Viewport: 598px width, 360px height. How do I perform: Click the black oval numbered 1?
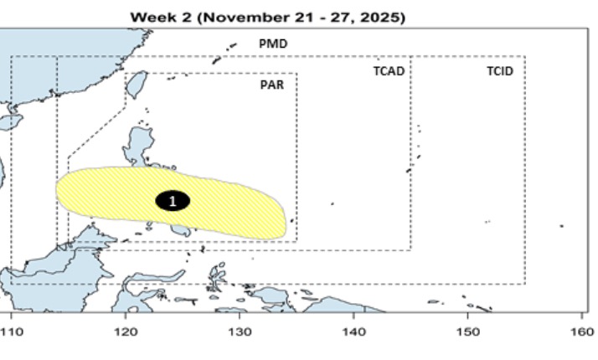pyautogui.click(x=173, y=201)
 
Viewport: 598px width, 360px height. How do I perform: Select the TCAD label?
pyautogui.click(x=389, y=71)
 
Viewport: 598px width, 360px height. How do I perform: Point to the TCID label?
pyautogui.click(x=499, y=71)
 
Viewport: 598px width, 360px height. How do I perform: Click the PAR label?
pyautogui.click(x=272, y=85)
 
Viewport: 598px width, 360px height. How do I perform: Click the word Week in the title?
pyautogui.click(x=151, y=17)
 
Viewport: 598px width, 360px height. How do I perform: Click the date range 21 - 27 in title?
pyautogui.click(x=328, y=17)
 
